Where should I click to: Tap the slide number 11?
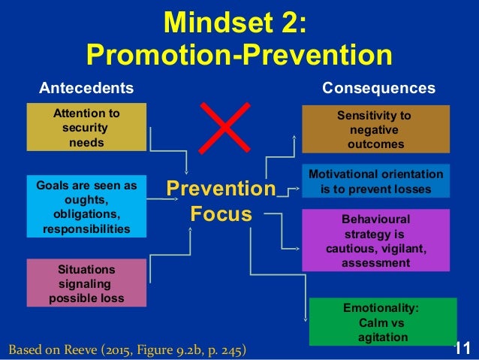coord(462,348)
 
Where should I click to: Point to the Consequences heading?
coord(378,88)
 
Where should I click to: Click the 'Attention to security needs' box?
coord(86,128)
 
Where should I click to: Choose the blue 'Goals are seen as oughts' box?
coord(86,205)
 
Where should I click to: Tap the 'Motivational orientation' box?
coord(375,182)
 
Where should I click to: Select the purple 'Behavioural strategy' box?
coord(375,241)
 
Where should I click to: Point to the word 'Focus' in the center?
coord(221,213)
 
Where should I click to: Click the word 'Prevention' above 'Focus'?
coord(221,188)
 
